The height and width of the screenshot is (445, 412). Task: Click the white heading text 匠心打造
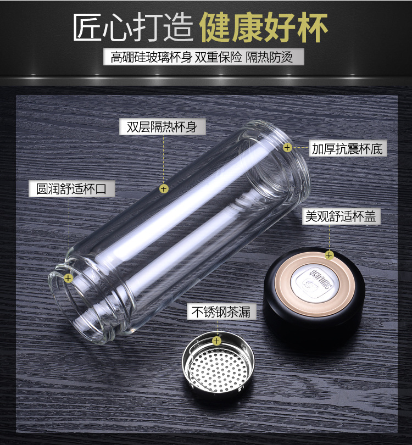(x=133, y=28)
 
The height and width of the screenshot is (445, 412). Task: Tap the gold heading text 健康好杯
(x=264, y=27)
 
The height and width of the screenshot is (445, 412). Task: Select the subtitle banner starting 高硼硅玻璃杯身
(x=203, y=57)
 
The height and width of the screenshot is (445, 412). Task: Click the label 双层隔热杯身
(x=162, y=126)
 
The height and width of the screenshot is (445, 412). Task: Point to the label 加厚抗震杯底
(x=347, y=148)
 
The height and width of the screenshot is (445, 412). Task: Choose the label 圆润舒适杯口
(x=71, y=189)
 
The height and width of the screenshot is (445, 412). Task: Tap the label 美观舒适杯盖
(x=341, y=216)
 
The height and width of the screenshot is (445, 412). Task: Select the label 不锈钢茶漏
(x=221, y=311)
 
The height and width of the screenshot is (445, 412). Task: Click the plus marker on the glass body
(x=164, y=188)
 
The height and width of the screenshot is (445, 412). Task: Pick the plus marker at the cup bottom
(x=287, y=147)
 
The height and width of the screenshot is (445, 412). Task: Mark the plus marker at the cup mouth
(x=68, y=278)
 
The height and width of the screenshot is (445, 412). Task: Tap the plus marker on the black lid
(x=329, y=255)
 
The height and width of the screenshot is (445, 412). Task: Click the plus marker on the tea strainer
(x=216, y=341)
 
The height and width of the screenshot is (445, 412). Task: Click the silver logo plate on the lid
(x=315, y=282)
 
